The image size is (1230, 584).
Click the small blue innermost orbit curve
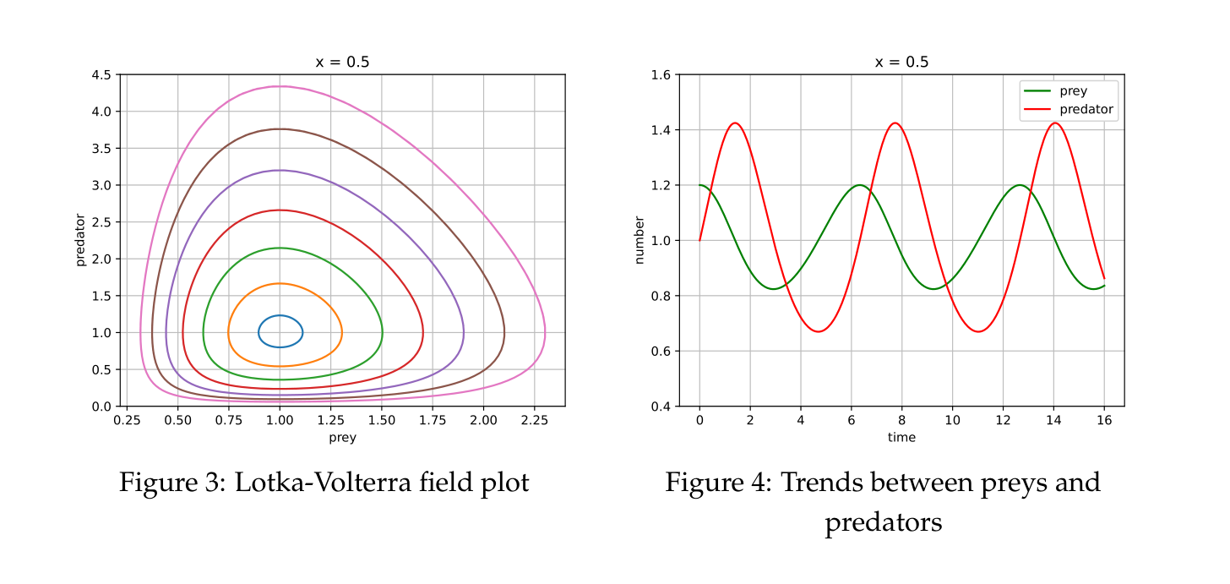[280, 315]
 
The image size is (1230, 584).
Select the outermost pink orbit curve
[280, 86]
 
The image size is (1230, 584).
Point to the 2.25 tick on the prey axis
[534, 419]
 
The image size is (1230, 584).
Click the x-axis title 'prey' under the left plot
[342, 438]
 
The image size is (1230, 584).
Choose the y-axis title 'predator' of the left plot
[81, 240]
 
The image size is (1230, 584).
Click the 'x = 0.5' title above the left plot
[342, 62]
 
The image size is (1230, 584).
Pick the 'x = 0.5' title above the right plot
[901, 62]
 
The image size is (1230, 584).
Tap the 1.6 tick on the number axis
[660, 74]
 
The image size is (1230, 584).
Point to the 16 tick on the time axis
[1104, 419]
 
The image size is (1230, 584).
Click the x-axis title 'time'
[901, 438]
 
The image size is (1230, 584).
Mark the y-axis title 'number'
[639, 240]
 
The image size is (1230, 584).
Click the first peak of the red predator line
[735, 123]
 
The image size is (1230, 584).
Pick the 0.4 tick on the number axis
[660, 407]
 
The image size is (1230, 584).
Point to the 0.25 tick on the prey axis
[127, 419]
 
